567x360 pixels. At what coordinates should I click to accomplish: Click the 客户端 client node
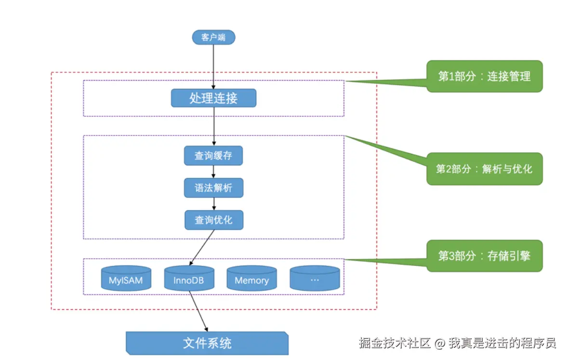tap(213, 37)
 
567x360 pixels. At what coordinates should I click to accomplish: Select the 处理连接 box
tap(213, 98)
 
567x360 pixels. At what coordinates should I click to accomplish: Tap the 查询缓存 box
tap(213, 156)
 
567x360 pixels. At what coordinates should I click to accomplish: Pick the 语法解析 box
tap(213, 188)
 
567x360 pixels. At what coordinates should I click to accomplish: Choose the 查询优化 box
tap(213, 220)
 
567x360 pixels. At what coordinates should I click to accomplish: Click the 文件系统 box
tap(207, 343)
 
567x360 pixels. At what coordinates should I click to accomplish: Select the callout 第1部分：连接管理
tap(484, 76)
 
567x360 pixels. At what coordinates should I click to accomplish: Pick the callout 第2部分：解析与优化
tap(484, 169)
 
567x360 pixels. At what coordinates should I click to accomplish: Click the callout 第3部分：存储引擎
tap(484, 256)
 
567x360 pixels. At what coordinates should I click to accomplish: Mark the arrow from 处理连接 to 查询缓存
tap(213, 126)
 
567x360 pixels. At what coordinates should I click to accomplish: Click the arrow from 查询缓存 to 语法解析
tap(213, 172)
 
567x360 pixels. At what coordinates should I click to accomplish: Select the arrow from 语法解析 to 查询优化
tap(213, 204)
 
